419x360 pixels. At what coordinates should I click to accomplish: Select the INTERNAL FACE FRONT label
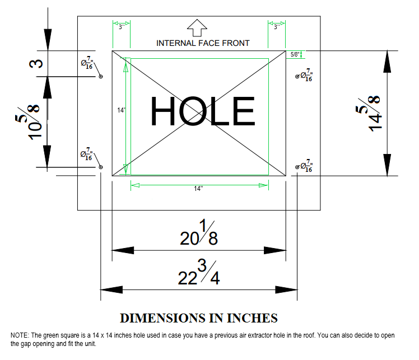203,43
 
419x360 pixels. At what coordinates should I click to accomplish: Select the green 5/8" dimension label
295,54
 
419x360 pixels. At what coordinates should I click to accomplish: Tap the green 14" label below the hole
198,189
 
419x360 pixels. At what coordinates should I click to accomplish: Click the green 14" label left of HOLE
120,111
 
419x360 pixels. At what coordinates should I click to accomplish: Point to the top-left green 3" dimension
120,26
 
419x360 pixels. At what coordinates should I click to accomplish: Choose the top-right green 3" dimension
277,26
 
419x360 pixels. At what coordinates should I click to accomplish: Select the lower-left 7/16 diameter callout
87,155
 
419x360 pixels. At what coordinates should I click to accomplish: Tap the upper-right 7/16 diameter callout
306,76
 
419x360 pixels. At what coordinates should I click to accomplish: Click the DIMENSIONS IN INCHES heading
199,318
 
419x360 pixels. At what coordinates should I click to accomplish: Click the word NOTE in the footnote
19,335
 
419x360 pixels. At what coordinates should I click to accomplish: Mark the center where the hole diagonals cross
199,114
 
